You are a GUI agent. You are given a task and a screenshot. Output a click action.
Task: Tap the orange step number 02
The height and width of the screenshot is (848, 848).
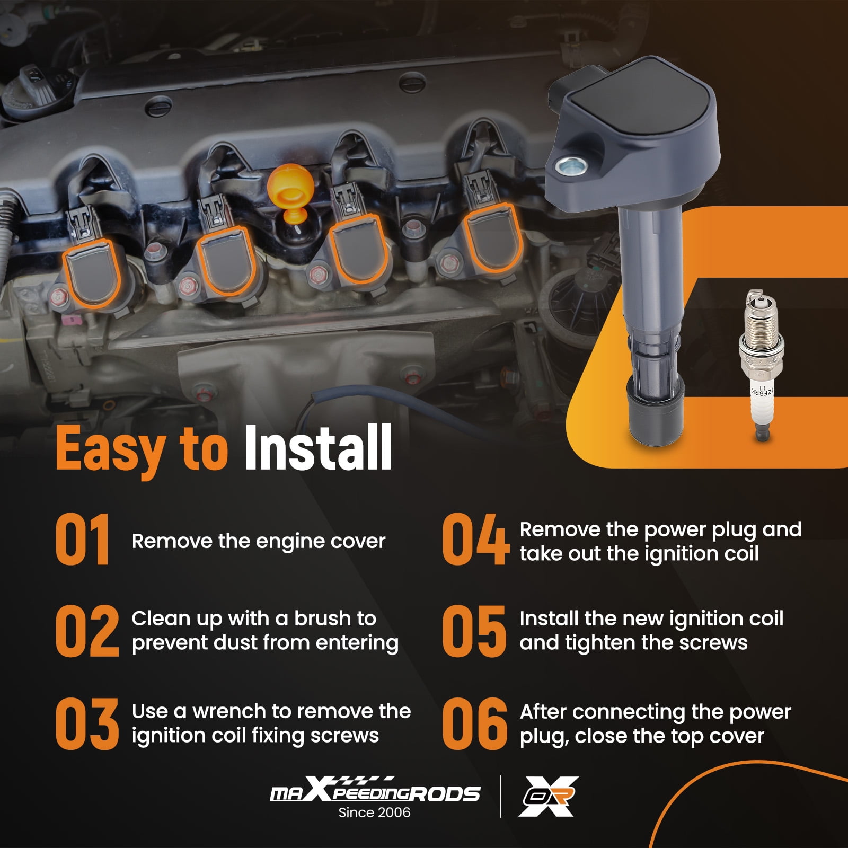point(87,631)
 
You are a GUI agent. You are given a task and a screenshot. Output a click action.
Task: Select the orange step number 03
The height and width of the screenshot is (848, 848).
point(87,723)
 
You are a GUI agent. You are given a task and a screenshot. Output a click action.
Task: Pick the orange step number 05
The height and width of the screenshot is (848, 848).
point(474,631)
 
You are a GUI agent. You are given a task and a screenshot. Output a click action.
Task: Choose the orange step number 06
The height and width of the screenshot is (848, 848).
point(474,723)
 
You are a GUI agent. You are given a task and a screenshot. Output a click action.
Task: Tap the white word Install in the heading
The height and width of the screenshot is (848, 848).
point(317,448)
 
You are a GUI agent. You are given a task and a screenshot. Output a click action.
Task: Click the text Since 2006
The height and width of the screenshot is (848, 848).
point(374,812)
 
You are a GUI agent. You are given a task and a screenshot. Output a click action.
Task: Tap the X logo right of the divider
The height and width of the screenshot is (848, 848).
point(548,796)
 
